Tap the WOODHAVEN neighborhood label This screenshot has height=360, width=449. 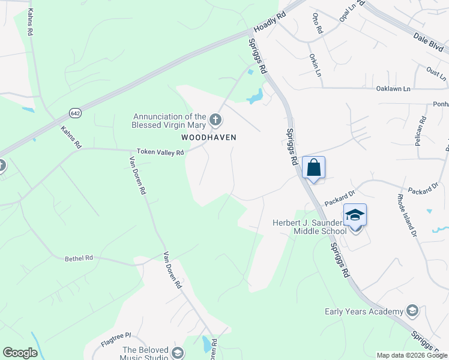click(x=209, y=137)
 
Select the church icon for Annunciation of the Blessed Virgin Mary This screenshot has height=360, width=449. click(x=215, y=121)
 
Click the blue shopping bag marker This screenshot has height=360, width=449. click(x=314, y=167)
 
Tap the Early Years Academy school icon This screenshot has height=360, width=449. click(x=412, y=311)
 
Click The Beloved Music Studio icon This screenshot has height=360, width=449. click(x=176, y=352)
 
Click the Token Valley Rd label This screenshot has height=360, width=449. click(x=160, y=152)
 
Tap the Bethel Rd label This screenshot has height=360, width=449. click(x=79, y=258)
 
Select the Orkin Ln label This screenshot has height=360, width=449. click(x=315, y=65)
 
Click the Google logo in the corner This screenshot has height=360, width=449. click(x=20, y=353)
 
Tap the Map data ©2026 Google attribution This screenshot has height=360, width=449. click(x=411, y=355)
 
